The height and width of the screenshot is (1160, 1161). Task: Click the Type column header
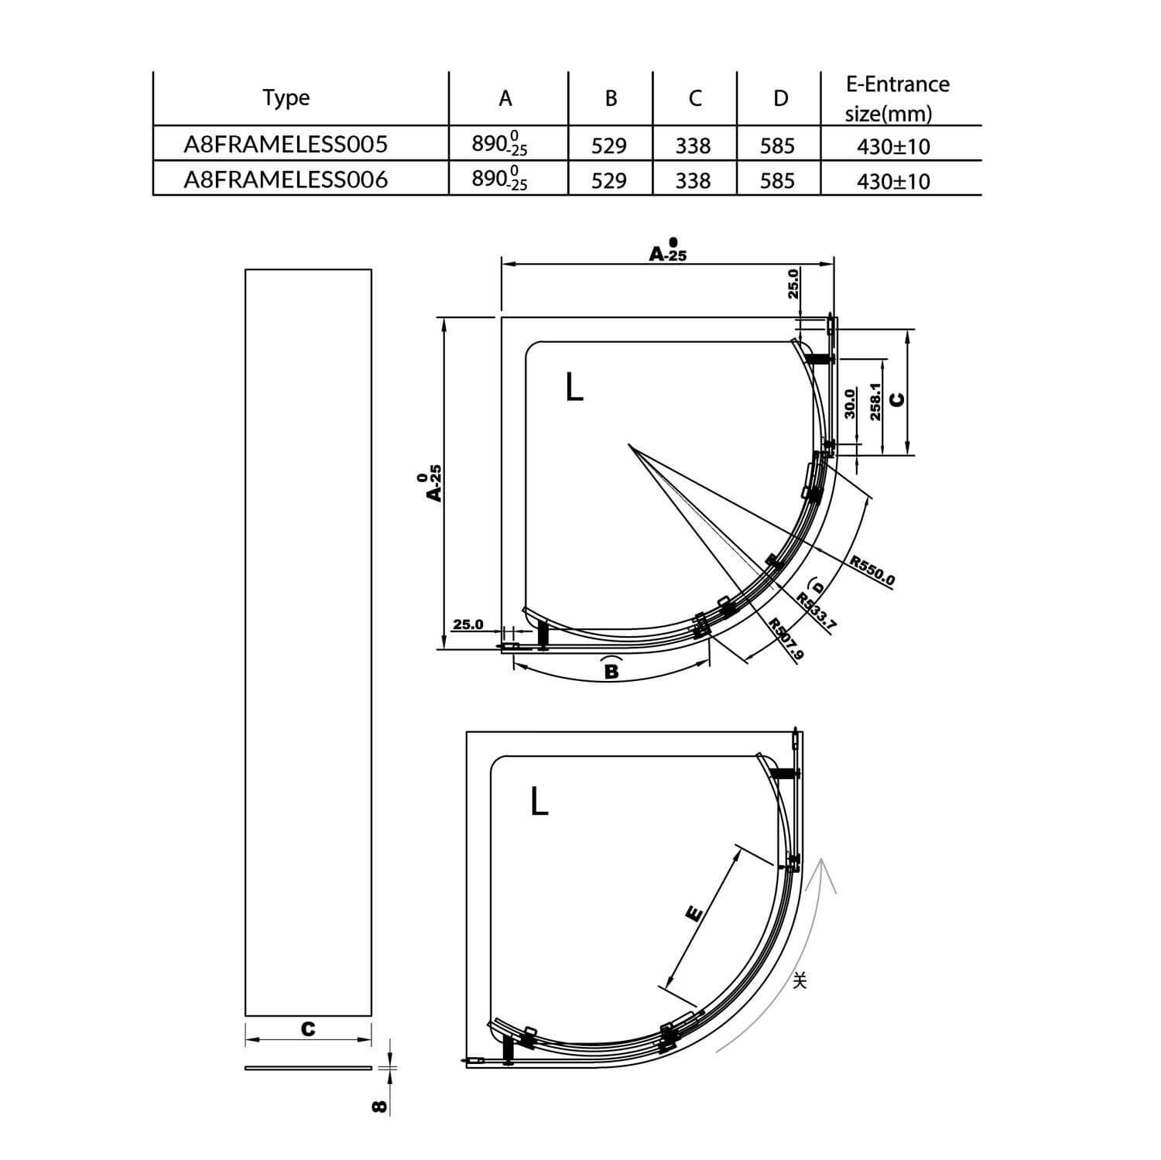[x=286, y=98]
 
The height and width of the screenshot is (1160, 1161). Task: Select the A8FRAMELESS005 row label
[x=286, y=145]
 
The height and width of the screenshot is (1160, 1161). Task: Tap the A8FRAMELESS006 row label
[x=286, y=180]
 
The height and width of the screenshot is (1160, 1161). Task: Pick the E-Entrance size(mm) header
[x=896, y=98]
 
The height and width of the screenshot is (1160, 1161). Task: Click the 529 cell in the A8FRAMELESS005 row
[x=609, y=146]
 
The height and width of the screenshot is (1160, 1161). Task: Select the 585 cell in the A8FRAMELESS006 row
[x=777, y=181]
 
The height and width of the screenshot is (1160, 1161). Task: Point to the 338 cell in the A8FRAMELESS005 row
[x=693, y=146]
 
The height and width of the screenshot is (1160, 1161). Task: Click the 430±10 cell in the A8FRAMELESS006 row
[x=893, y=182]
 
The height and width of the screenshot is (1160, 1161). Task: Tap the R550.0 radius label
[x=872, y=572]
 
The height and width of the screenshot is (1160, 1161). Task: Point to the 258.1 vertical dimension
[x=876, y=402]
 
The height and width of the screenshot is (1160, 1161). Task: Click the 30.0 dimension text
[x=850, y=404]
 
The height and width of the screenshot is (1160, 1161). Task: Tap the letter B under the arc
[x=611, y=671]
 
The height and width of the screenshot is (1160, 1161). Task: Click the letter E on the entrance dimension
[x=694, y=913]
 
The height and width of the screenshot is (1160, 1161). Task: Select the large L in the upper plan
[x=574, y=387]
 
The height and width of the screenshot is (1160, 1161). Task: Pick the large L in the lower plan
[x=539, y=802]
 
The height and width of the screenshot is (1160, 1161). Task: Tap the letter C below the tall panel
[x=308, y=1029]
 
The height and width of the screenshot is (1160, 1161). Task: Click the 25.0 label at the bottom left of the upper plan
[x=467, y=624]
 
